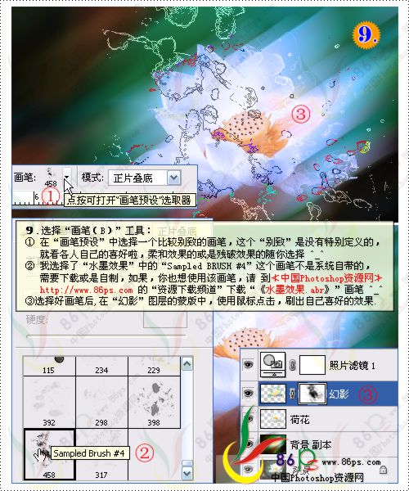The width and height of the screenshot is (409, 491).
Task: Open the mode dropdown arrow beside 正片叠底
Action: [173, 177]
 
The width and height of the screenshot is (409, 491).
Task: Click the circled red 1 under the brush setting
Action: [50, 196]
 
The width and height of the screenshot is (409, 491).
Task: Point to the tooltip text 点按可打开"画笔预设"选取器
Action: [128, 199]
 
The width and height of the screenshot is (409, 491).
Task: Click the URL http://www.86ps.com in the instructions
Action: [86, 290]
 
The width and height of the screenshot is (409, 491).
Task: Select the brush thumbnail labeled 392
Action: [49, 403]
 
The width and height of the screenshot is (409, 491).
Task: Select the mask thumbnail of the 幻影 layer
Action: [311, 394]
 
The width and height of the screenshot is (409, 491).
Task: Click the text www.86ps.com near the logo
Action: [352, 462]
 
